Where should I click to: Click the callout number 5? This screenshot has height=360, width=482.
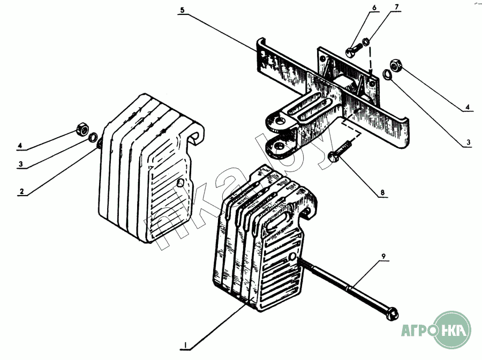click(x=182, y=10)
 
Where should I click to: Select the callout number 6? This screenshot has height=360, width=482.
click(x=374, y=7)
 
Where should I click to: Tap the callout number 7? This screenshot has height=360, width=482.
click(x=396, y=7)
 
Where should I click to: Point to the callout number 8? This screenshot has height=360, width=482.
click(x=382, y=193)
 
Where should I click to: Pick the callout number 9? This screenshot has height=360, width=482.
click(x=383, y=256)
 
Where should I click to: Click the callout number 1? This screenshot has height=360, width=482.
click(x=185, y=346)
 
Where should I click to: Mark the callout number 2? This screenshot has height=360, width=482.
click(x=21, y=191)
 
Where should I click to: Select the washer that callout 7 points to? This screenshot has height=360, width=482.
click(x=366, y=41)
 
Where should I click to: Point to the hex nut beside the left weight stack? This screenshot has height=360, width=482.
click(x=82, y=129)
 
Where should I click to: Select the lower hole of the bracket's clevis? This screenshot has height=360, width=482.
click(x=279, y=145)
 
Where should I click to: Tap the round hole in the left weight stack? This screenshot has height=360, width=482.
click(x=180, y=183)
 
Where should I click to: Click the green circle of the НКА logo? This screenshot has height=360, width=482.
click(x=453, y=330)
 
